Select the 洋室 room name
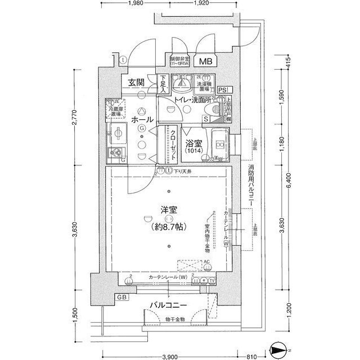click(x=169, y=210)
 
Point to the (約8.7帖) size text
click(x=169, y=228)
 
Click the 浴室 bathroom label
click(x=190, y=137)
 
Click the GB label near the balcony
click(x=121, y=296)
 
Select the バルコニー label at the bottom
click(x=168, y=305)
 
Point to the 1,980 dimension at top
click(x=137, y=4)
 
